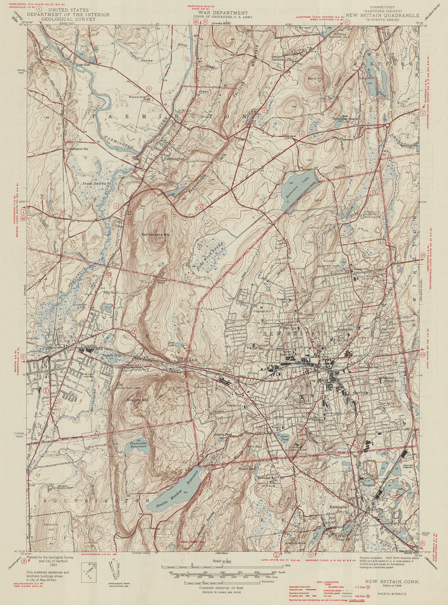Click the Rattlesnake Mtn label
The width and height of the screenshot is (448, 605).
click(155, 235)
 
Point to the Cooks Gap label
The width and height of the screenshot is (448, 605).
click(177, 359)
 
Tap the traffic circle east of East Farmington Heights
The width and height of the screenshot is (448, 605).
click(386, 125)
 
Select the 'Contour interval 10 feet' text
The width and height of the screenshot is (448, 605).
click(212, 588)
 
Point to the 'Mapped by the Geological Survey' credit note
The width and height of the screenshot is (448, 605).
click(50, 557)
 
